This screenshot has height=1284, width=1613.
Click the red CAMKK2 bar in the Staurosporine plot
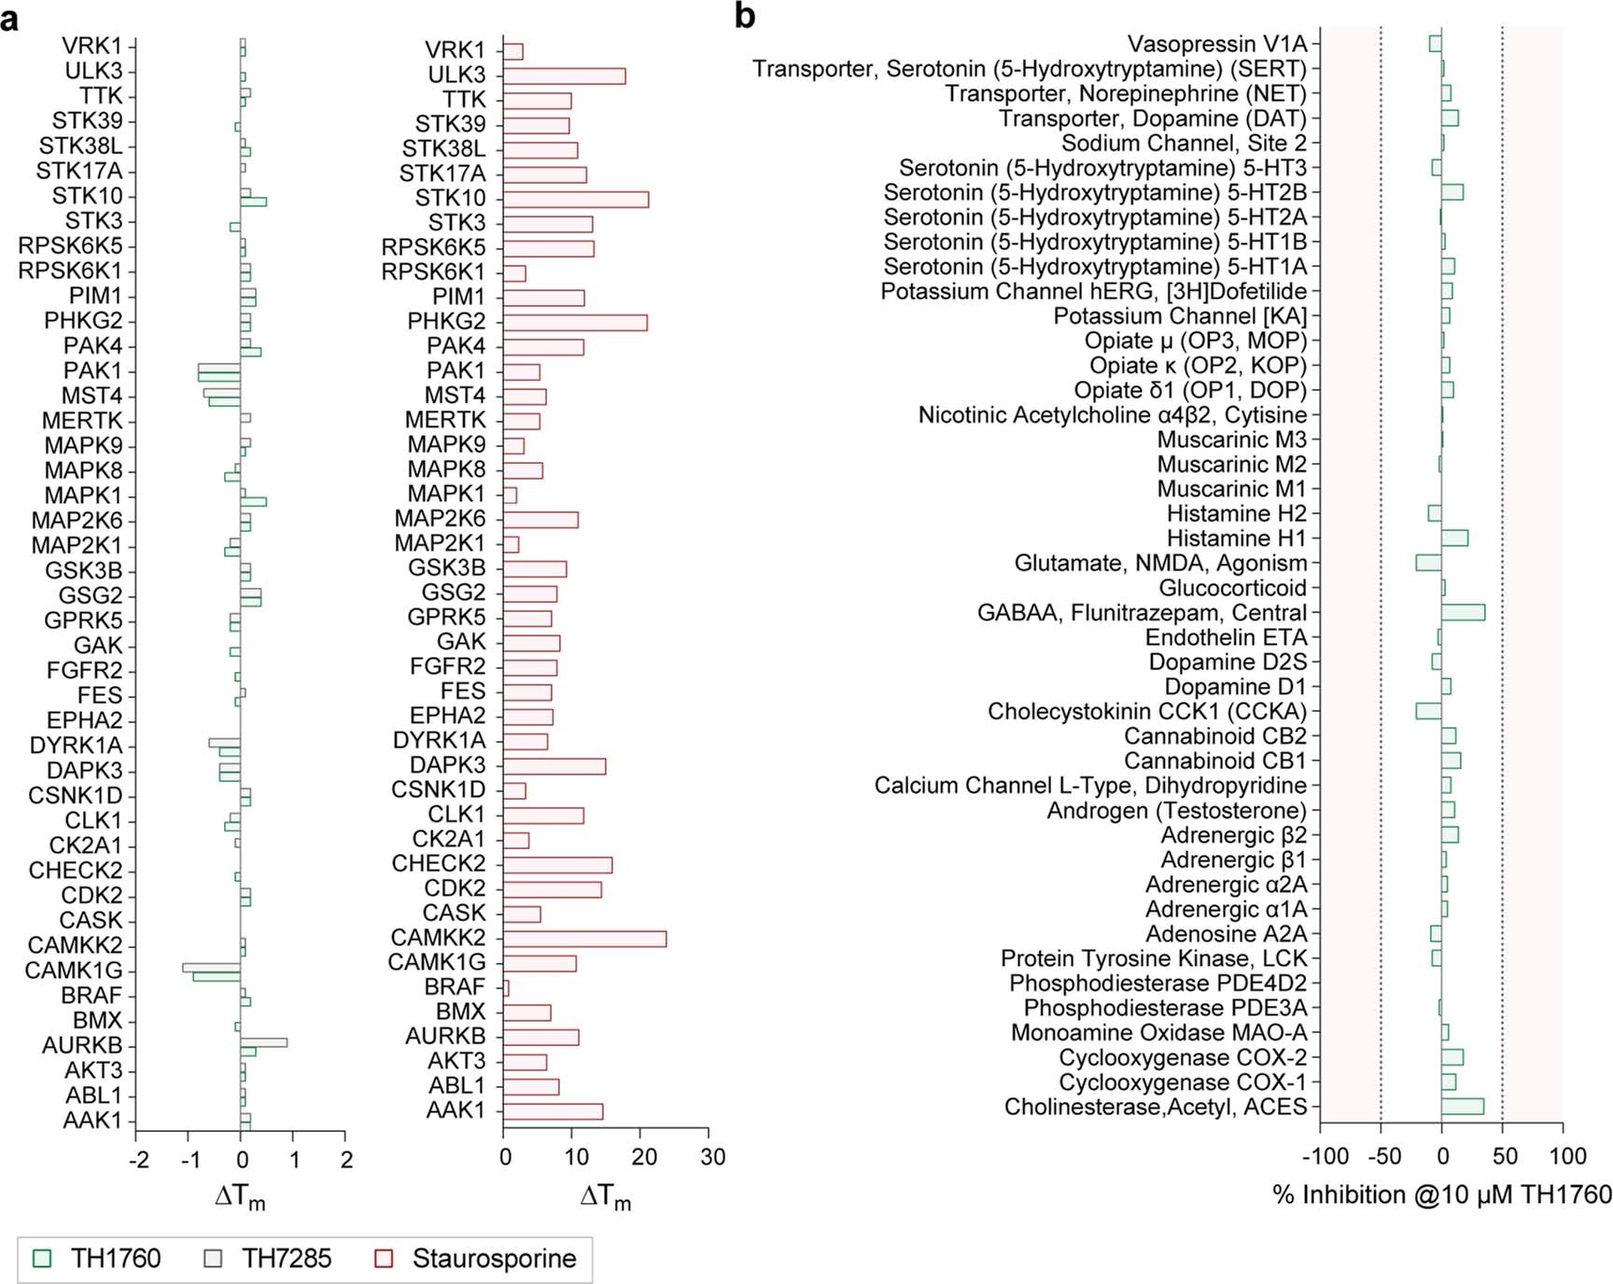(584, 939)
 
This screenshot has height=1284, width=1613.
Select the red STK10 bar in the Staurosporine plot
(575, 199)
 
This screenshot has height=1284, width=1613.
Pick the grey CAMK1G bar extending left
(211, 967)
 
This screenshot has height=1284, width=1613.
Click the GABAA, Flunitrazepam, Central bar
(1463, 613)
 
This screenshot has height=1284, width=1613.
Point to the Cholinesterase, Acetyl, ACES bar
(1462, 1107)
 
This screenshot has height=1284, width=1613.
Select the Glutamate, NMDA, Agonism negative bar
(1428, 563)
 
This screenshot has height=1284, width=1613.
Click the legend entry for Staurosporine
(476, 1259)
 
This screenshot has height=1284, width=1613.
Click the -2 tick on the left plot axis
(138, 1160)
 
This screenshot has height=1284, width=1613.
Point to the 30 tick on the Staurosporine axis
(712, 1157)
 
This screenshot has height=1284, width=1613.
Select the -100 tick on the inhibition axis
(1325, 1157)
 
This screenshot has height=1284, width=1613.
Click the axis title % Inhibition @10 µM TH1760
(1441, 1195)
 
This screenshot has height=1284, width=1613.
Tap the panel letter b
(744, 16)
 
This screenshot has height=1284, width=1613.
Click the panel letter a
(10, 19)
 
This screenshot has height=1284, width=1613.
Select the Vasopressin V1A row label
(1217, 44)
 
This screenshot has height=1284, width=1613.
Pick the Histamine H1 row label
(1236, 538)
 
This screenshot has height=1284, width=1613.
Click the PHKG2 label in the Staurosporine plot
(446, 322)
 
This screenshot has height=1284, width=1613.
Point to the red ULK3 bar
(564, 76)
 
